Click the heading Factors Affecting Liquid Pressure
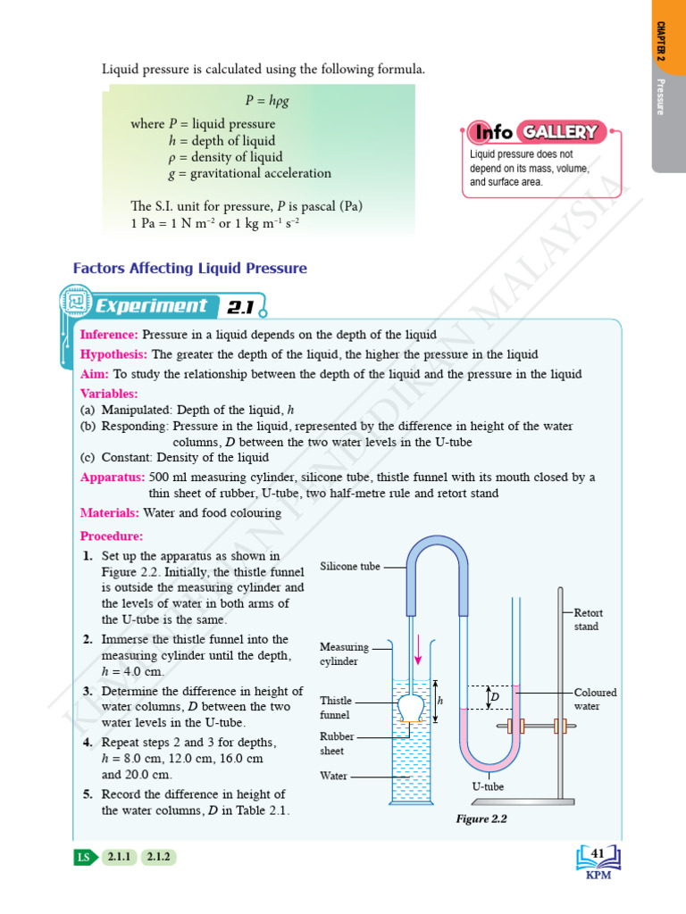pos(189,268)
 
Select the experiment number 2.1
pos(240,308)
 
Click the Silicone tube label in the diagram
pos(349,566)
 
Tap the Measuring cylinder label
pos(344,653)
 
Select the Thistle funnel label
pos(336,708)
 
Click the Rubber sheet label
pos(337,744)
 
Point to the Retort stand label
pos(588,619)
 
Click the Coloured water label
pos(595,699)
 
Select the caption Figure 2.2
pos(481,818)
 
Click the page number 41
pos(598,854)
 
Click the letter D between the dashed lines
pos(494,695)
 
